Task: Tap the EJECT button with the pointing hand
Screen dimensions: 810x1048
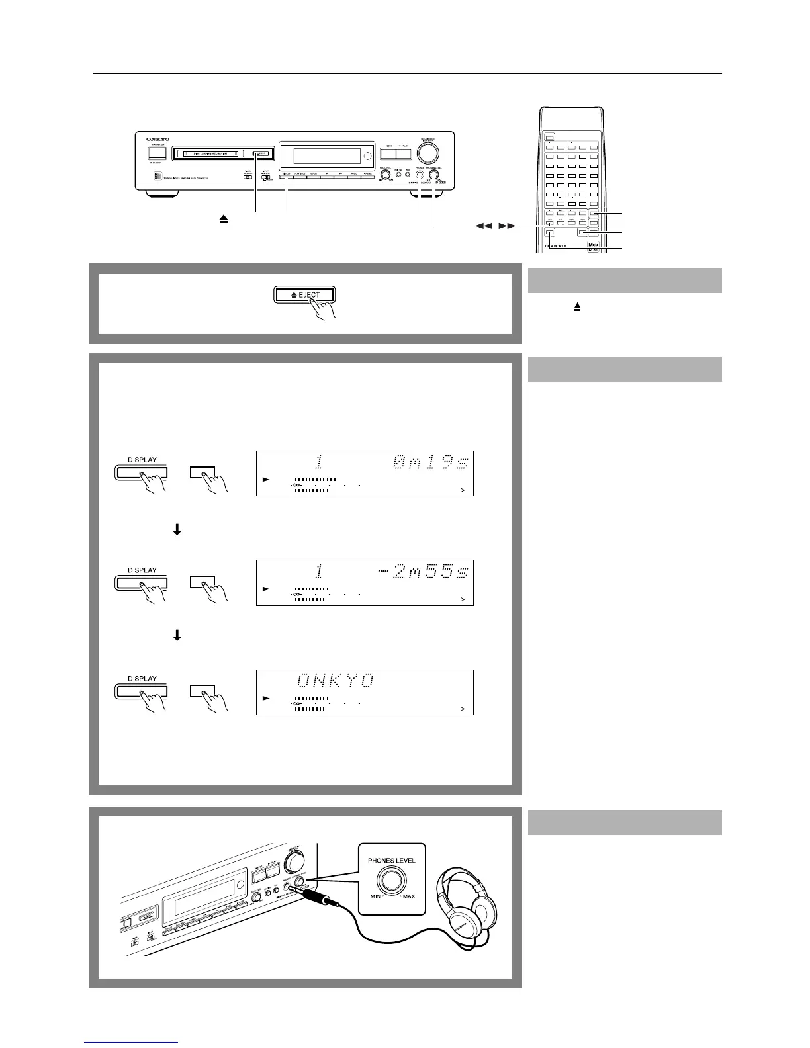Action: pos(305,295)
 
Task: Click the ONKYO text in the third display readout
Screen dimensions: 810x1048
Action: pos(335,680)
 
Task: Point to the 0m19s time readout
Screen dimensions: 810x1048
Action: pos(431,463)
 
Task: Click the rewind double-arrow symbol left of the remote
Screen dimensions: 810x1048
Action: pos(483,226)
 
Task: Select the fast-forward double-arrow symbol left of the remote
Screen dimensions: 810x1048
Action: pos(507,226)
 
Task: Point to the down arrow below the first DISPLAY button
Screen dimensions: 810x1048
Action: pos(177,530)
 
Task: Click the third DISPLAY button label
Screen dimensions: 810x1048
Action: pos(142,679)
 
